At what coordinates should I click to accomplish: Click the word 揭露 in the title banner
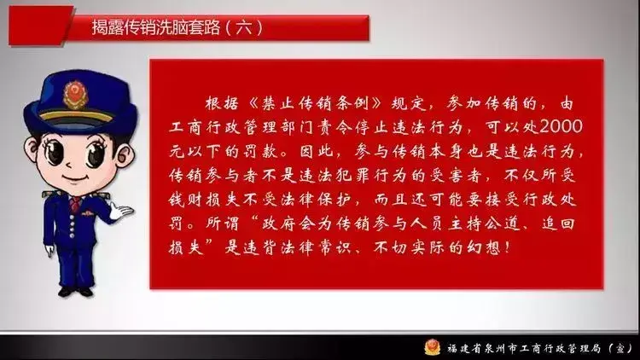click(107, 26)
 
